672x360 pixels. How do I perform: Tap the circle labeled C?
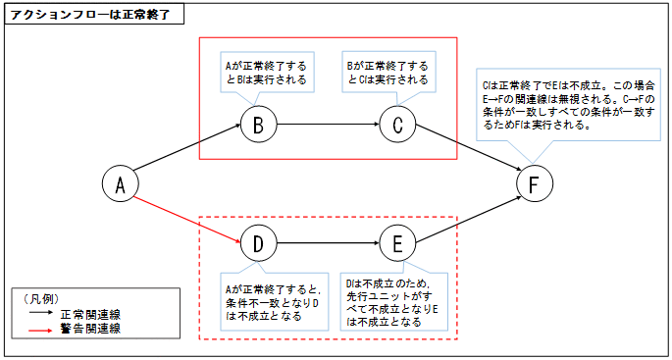tap(396, 125)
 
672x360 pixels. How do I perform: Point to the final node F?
tap(534, 184)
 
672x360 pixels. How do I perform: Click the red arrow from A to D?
tap(188, 214)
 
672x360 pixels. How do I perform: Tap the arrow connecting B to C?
tap(327, 125)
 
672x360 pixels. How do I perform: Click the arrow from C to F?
tap(465, 154)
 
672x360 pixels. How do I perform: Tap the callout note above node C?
tap(388, 72)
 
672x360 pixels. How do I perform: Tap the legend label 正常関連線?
tap(90, 314)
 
